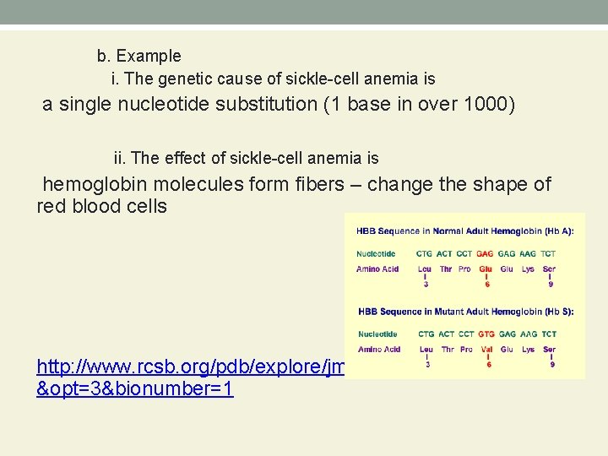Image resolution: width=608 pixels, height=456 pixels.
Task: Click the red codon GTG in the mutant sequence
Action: click(x=486, y=334)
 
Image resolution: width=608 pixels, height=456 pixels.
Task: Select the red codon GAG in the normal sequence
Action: click(x=486, y=253)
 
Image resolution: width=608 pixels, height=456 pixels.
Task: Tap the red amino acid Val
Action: click(x=486, y=350)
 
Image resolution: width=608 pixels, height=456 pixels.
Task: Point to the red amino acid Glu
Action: click(x=486, y=269)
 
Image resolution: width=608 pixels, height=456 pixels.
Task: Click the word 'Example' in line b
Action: click(x=149, y=57)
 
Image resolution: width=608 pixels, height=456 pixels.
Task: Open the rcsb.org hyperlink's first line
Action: click(x=190, y=367)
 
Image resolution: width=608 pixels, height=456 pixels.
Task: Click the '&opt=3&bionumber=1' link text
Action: click(x=135, y=389)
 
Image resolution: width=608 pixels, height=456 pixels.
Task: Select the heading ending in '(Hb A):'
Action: click(x=464, y=230)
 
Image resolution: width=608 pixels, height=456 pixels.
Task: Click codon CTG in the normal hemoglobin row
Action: click(x=426, y=253)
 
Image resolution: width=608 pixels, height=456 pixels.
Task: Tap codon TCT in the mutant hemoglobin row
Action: click(x=549, y=334)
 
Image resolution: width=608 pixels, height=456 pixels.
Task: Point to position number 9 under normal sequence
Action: click(x=550, y=285)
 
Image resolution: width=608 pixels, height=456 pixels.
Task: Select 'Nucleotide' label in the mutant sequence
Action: click(x=377, y=334)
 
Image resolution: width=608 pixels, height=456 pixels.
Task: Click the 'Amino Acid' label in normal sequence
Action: click(x=377, y=269)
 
